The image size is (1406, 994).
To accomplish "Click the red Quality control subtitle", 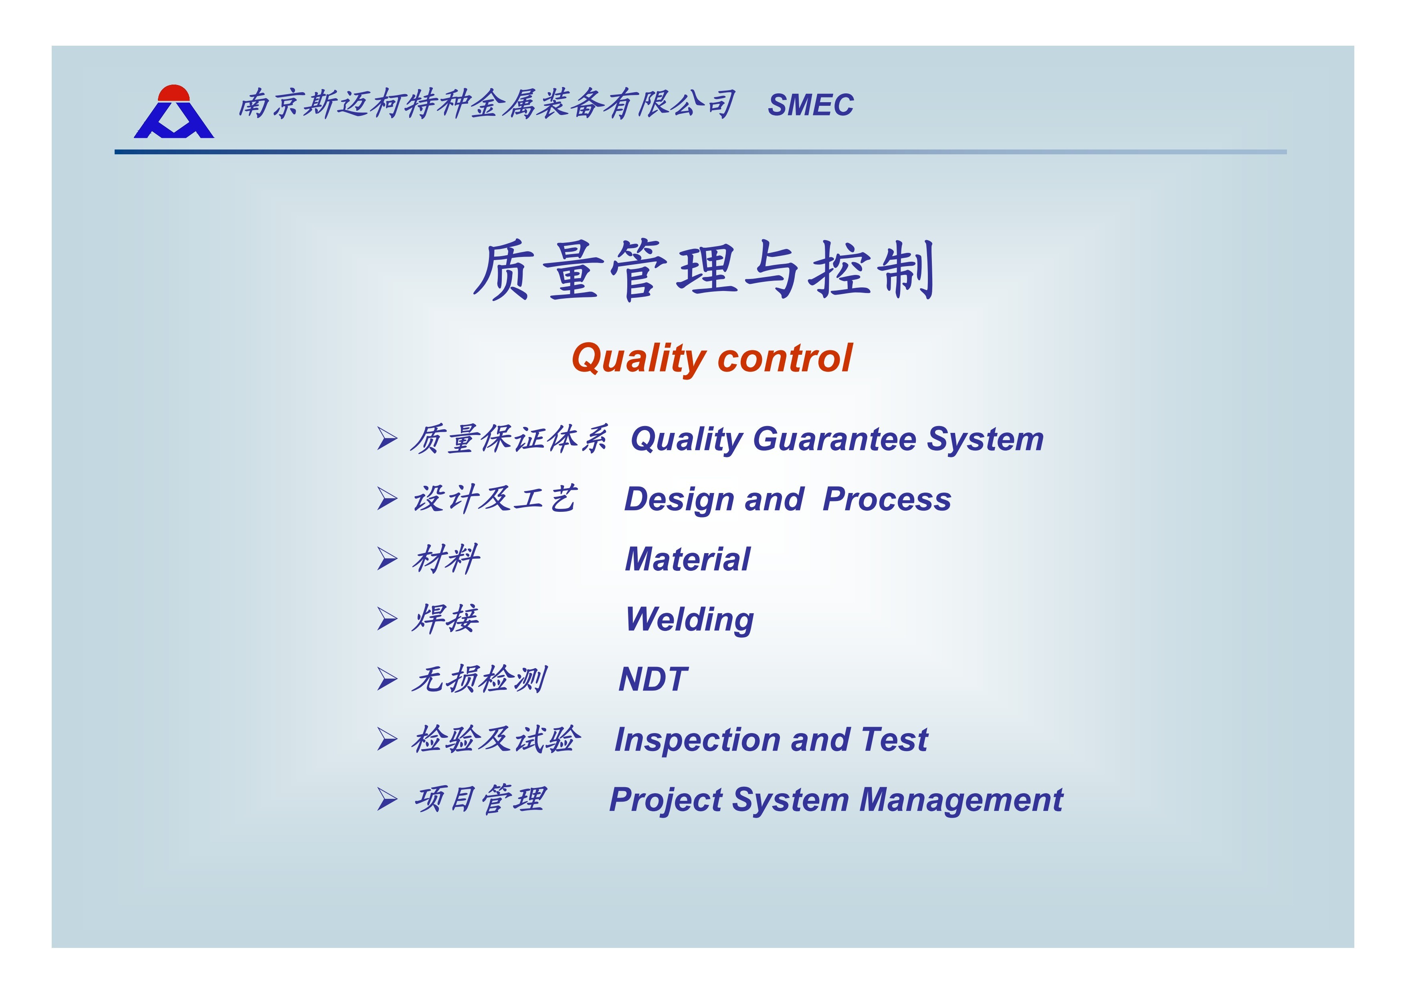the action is click(x=711, y=358).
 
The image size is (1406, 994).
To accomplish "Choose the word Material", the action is click(x=687, y=559).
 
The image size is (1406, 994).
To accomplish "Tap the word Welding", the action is click(x=689, y=620).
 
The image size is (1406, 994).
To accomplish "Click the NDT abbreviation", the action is click(x=653, y=679).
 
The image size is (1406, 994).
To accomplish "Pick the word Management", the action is click(x=962, y=800).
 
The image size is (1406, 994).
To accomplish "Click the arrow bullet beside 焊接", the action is click(x=387, y=619).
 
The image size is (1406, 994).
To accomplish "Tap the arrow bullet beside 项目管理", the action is click(x=387, y=799).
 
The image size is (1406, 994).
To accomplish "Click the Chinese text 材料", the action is click(x=446, y=559).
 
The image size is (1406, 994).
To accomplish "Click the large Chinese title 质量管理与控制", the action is click(x=704, y=270).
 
